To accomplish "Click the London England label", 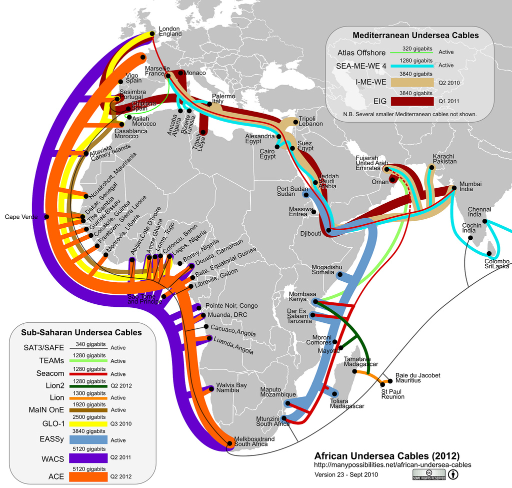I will coord(170,31).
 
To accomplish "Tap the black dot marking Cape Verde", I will coord(46,217).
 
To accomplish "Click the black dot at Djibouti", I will coord(328,231).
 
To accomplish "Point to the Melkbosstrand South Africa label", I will coord(254,441).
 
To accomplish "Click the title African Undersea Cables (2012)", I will coord(386,456).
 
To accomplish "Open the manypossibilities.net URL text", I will coord(392,465).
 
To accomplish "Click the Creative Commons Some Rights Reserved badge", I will coord(428,474).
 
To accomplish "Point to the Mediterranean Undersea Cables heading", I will coord(415,36).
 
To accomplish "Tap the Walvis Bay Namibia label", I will coord(231,388).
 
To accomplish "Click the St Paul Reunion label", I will coord(392,394).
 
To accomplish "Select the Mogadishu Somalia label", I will coord(326,269).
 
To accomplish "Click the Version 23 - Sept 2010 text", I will coord(346,474).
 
